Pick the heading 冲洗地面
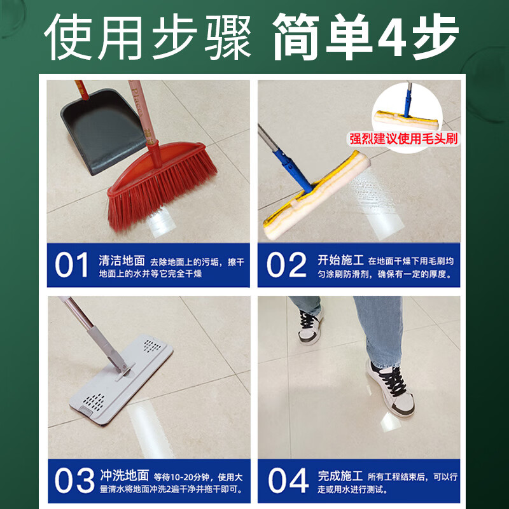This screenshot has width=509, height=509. click(124, 475)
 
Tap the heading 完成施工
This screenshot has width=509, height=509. click(340, 475)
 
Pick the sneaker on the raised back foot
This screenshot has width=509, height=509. click(310, 326)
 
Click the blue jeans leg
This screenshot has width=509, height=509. click(375, 328)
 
